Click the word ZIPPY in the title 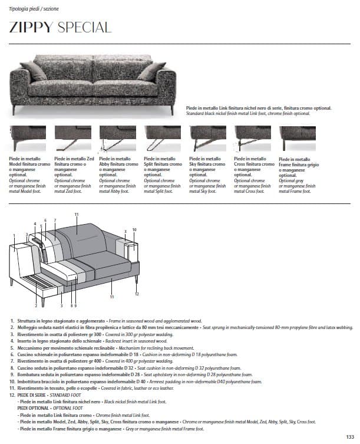pos(31,27)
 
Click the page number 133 pos(350,436)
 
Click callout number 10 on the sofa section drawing pos(134,229)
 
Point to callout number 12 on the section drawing pos(136,294)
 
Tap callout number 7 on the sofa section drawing pos(54,220)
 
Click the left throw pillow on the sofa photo pos(34,71)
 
